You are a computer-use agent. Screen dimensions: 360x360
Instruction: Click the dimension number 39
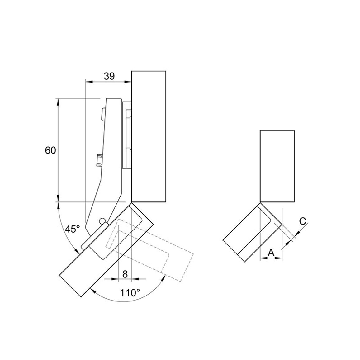(109, 76)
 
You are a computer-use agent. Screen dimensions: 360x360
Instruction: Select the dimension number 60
(50, 151)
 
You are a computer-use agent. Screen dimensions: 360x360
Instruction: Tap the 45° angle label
(72, 229)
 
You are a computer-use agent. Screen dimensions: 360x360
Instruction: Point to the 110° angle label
(130, 293)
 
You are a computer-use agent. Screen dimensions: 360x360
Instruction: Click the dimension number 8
(125, 274)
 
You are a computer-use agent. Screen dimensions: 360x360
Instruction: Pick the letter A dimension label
(271, 253)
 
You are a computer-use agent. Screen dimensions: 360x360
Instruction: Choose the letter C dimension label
(303, 221)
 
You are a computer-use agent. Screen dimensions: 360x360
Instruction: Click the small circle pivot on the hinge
(102, 220)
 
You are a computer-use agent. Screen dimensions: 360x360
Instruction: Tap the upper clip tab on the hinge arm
(103, 114)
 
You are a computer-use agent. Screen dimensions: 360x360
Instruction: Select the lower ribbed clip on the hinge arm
(99, 160)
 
